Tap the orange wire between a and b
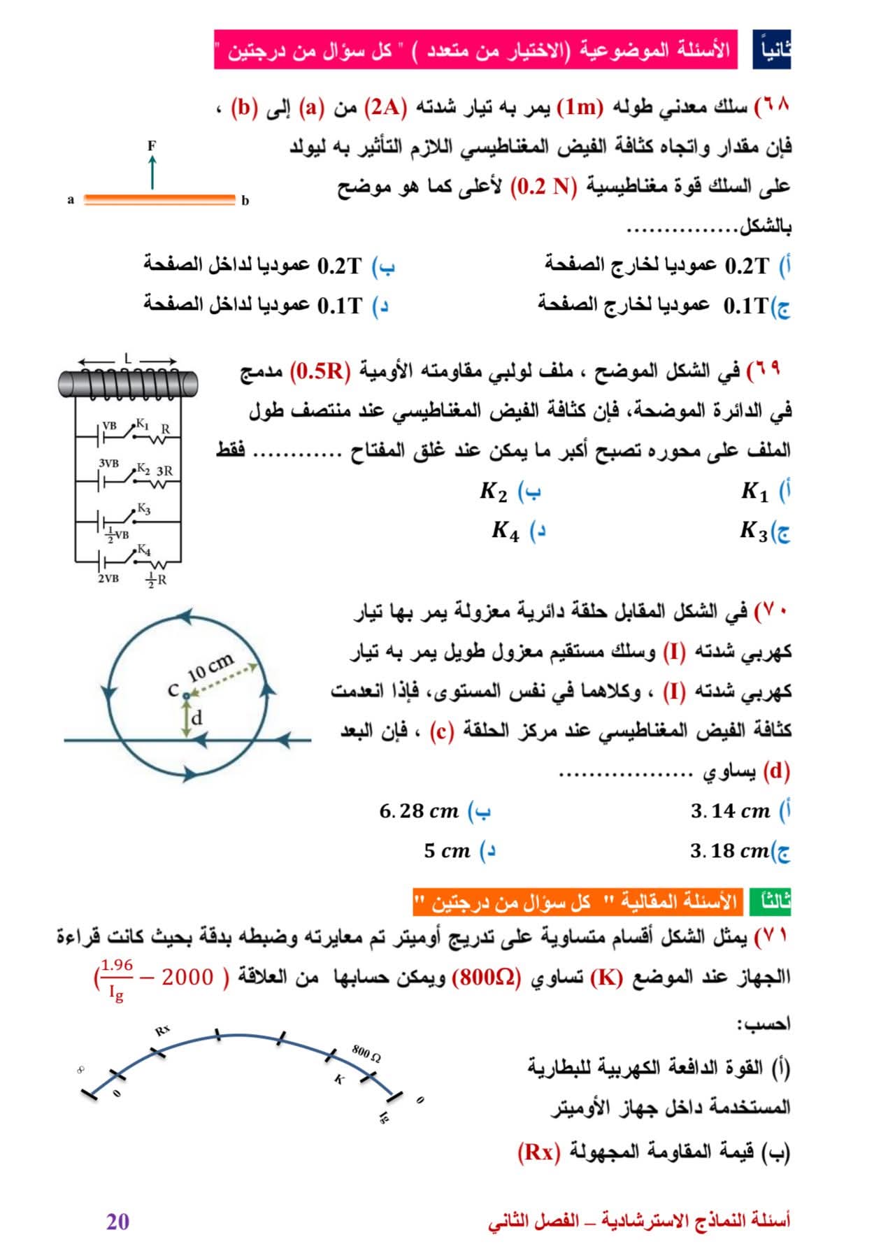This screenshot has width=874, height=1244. point(159,200)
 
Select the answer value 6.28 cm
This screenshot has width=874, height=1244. point(419,811)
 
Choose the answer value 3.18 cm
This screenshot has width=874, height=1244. point(729,851)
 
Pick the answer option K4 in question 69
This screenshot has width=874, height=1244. point(506,531)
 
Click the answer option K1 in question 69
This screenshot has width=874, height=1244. point(754,492)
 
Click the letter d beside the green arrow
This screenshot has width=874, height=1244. point(197,717)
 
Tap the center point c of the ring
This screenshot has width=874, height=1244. point(185,695)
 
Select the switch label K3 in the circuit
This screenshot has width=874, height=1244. point(143,508)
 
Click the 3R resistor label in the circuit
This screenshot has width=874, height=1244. point(164,471)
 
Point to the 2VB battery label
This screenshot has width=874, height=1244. point(108,578)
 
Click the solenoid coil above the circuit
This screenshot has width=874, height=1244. point(127,383)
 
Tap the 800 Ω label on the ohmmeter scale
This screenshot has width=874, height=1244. point(366,1052)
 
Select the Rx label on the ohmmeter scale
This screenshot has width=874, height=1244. point(162,1030)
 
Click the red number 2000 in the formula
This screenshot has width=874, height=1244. point(187,977)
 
